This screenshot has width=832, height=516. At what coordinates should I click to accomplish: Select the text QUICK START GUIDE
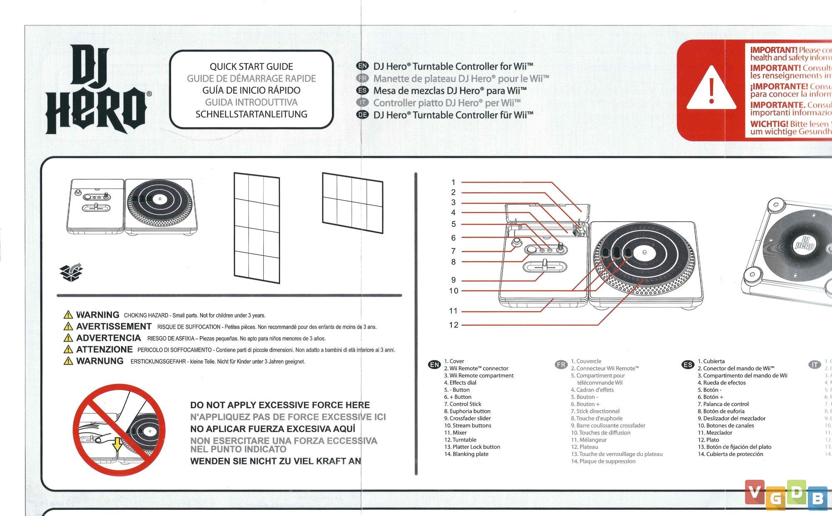(251, 67)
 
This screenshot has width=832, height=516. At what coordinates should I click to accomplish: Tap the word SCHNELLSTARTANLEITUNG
(251, 114)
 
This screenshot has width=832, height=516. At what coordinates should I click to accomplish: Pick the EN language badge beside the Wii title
(363, 66)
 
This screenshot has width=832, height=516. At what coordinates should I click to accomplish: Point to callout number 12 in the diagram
(453, 325)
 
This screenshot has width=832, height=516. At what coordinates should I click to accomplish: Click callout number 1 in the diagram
(453, 182)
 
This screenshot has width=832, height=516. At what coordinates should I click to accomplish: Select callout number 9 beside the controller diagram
(453, 280)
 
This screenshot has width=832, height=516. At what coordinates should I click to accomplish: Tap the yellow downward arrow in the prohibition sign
(118, 444)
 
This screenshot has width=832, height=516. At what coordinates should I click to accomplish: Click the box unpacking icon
(71, 272)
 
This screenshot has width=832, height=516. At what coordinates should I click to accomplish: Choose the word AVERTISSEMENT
(114, 327)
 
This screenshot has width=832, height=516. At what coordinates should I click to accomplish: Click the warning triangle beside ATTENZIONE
(68, 350)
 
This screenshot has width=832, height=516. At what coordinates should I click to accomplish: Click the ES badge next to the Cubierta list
(688, 365)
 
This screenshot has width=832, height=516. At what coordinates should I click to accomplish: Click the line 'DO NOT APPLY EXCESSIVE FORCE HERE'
(280, 405)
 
